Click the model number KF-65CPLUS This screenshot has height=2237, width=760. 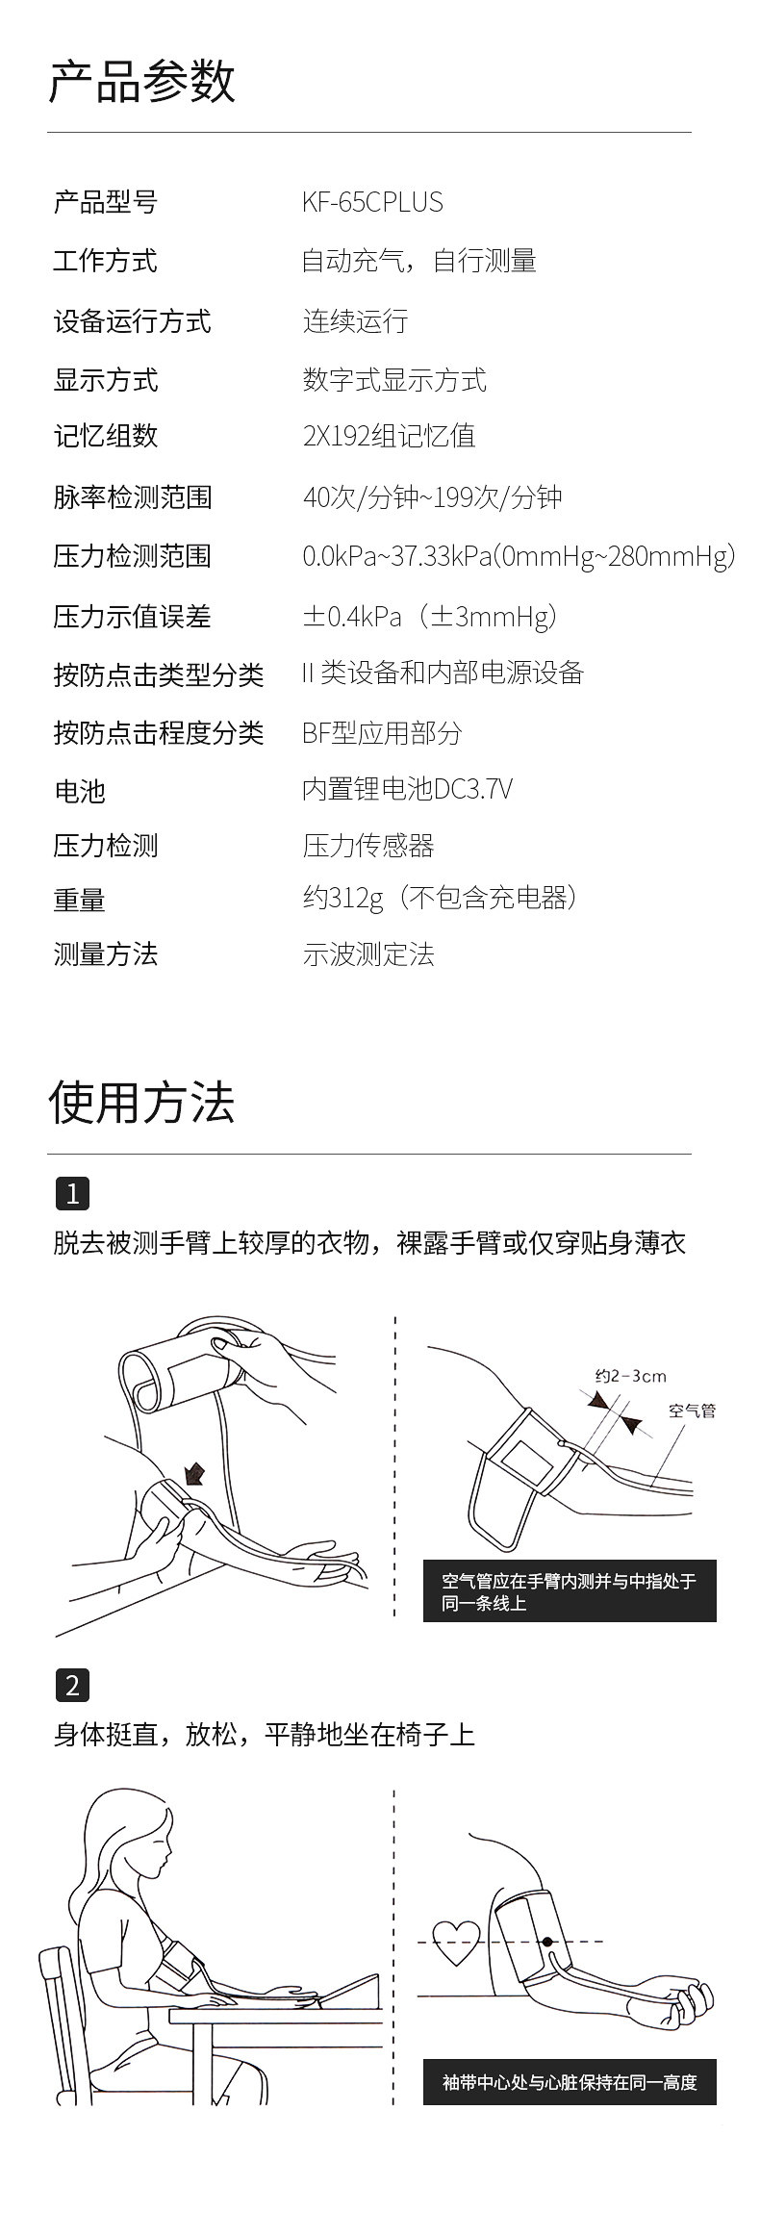coord(372,202)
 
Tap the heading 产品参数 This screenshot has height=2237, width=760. coord(141,81)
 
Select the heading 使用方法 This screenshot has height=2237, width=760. coord(141,1102)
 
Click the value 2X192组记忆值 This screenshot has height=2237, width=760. coord(389,436)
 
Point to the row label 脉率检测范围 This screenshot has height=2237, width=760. coord(132,497)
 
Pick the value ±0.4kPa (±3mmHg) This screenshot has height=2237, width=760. coord(429,616)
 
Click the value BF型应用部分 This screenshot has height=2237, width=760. coord(382,732)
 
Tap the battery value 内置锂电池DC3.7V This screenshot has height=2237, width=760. coord(407,789)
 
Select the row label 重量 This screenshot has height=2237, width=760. coord(79,900)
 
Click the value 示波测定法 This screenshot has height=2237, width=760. coord(368,953)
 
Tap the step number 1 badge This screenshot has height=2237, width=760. coord(72,1194)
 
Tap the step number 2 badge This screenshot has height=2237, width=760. coord(72,1685)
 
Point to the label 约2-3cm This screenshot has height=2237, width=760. coord(630,1376)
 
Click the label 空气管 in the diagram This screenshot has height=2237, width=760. coord(692,1411)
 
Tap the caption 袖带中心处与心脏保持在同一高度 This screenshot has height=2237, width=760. coord(570,2082)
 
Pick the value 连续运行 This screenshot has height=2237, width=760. coord(355,320)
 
